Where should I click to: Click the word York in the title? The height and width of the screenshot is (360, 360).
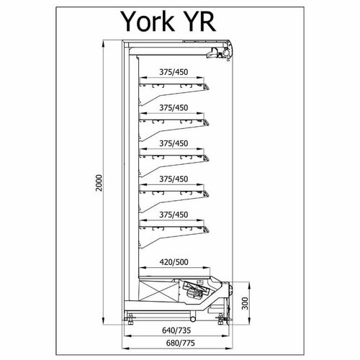(x=148, y=22)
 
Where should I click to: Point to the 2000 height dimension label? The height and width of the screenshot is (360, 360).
(x=99, y=183)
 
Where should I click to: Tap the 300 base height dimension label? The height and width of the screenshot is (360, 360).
(x=245, y=303)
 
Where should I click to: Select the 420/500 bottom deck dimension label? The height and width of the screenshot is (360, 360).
(x=174, y=262)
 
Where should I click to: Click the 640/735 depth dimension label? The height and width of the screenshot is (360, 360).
(x=176, y=330)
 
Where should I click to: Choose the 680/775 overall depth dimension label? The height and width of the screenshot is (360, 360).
(x=180, y=343)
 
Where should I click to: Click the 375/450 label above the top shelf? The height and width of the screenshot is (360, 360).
(x=174, y=72)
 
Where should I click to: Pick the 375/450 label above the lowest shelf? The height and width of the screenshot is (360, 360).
(x=174, y=215)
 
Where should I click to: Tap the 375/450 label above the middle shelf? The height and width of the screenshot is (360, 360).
(x=174, y=143)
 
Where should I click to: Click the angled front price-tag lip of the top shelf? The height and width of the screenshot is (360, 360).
(x=206, y=87)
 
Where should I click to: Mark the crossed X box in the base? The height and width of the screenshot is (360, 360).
(x=159, y=291)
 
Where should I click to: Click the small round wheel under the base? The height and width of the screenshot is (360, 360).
(x=193, y=319)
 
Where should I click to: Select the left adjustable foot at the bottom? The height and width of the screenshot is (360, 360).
(x=130, y=319)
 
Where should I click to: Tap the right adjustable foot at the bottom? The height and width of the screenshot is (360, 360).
(x=221, y=319)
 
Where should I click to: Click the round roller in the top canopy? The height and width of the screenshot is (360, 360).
(x=226, y=52)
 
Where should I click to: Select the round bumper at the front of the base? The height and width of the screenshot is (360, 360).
(x=231, y=289)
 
